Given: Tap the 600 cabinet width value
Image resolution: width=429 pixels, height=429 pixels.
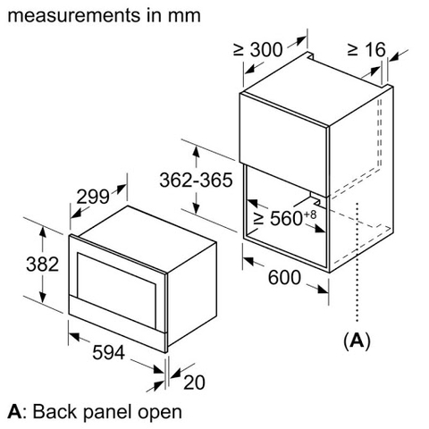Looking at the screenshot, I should pos(283,278).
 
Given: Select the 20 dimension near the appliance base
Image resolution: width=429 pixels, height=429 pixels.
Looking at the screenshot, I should pos(194,382).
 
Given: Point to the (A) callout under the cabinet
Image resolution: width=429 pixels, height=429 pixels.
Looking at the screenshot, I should pos(357,340).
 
